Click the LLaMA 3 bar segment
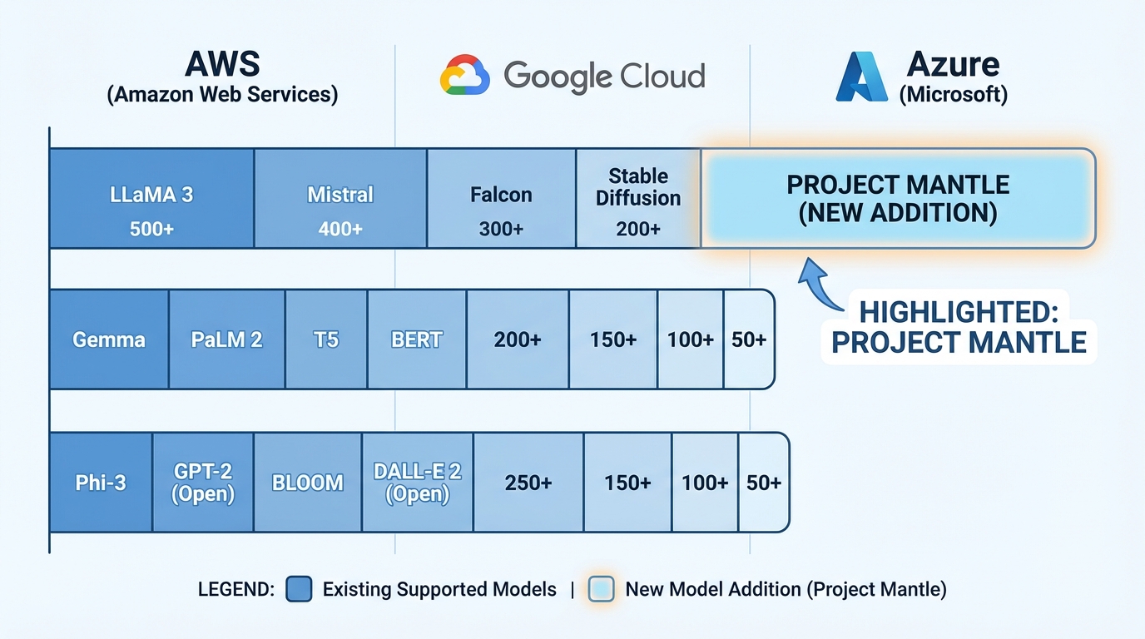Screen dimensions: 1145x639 (x=151, y=198)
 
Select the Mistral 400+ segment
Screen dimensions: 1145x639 (x=340, y=198)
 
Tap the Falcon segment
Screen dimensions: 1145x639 (x=502, y=198)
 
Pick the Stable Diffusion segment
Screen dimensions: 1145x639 (x=638, y=198)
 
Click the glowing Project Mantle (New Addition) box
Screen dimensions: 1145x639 (x=898, y=198)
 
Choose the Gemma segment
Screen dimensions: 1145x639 (x=109, y=339)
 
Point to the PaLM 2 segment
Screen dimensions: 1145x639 (x=227, y=339)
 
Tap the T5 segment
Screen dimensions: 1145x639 (x=326, y=339)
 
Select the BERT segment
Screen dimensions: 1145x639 (x=417, y=339)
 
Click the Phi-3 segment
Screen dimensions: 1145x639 (x=102, y=483)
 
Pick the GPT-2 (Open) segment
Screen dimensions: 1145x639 (x=203, y=483)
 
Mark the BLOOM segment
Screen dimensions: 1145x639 (x=308, y=483)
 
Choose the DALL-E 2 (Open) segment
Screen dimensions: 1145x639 (x=418, y=483)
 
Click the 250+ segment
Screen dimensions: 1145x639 (x=528, y=483)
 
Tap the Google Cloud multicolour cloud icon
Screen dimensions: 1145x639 (x=464, y=75)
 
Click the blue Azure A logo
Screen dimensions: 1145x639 (x=862, y=77)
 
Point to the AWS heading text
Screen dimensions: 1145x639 (x=222, y=64)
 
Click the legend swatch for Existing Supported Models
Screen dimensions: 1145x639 (x=299, y=589)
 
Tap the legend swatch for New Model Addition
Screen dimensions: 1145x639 (x=601, y=589)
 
